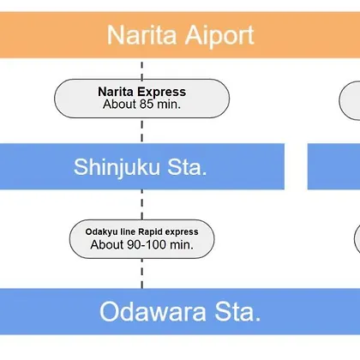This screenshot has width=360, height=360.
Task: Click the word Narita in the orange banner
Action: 142,35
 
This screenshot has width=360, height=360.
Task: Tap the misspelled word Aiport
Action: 219,36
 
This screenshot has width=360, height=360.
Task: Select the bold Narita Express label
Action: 142,92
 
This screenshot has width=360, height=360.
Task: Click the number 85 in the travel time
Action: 147,104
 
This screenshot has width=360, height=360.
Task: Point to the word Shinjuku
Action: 117,168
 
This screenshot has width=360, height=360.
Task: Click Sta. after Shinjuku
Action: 187,167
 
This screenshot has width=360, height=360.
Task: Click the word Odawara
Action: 153,312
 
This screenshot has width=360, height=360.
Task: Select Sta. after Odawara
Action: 237,312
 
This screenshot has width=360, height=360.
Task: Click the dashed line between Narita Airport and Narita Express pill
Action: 142,70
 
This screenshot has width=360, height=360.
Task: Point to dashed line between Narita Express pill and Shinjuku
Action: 142,131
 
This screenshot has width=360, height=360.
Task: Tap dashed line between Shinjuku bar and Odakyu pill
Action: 142,205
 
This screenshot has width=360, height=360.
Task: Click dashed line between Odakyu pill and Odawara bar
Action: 142,273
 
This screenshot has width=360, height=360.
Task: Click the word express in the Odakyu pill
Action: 182,232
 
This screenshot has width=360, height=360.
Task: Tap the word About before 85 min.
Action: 120,104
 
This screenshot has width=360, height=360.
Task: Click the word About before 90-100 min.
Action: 107,245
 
